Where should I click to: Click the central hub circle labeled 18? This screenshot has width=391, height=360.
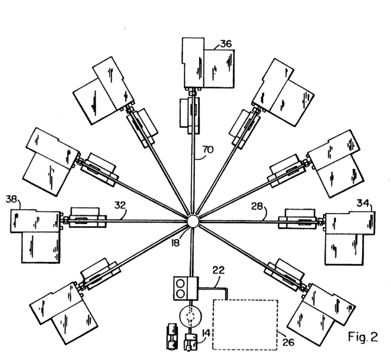coord(192,220)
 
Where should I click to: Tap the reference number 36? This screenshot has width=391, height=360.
coord(225,43)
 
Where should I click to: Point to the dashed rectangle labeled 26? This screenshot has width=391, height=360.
coord(244,324)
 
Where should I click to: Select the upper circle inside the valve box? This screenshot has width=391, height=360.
coord(180,283)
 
